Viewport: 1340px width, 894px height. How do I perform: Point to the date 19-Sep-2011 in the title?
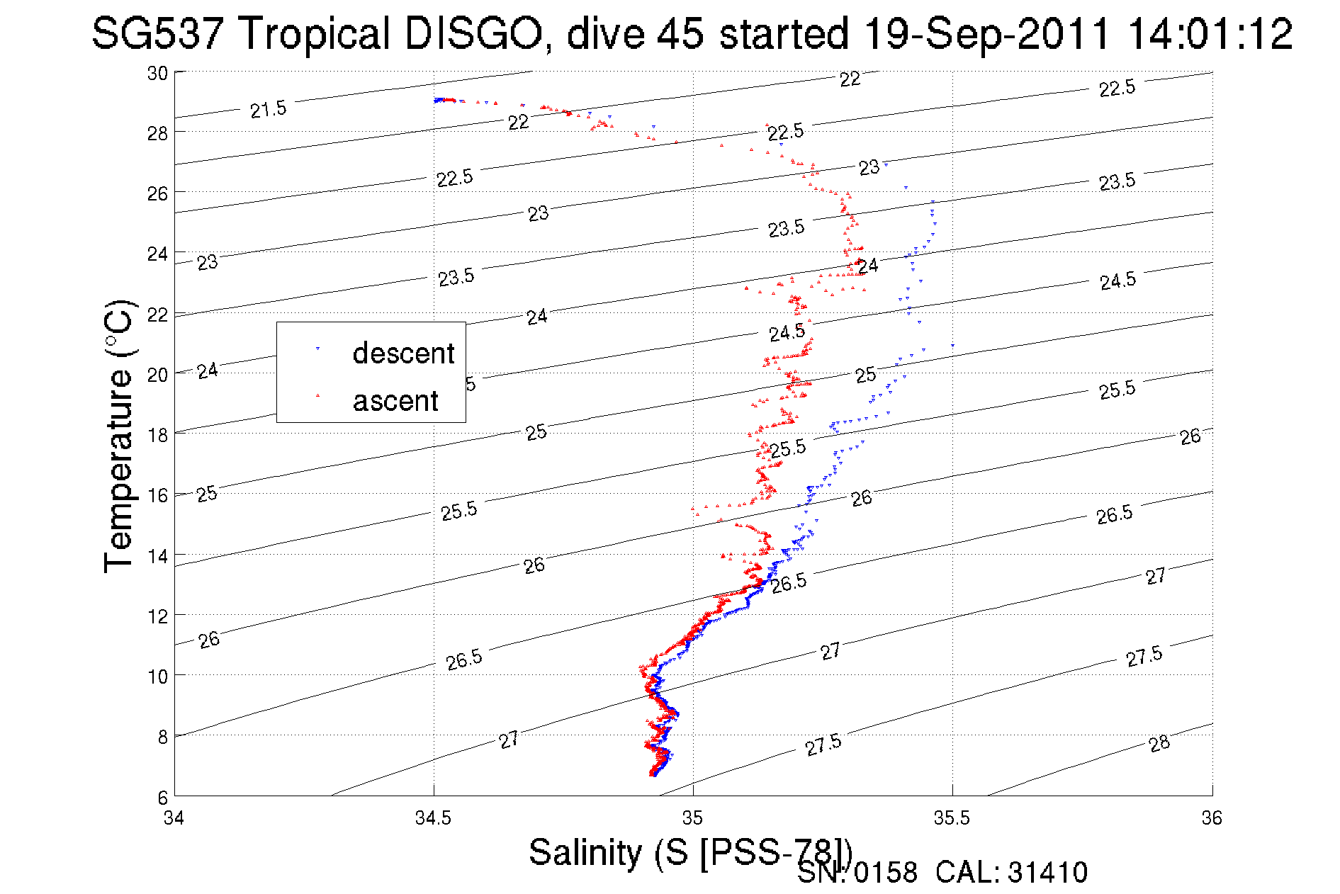(987, 33)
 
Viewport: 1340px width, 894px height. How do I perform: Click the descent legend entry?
(402, 353)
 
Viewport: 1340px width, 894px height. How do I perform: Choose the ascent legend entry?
(395, 401)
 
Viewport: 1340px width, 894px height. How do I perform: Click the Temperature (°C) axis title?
(118, 436)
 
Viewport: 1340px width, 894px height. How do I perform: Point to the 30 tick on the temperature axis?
(157, 74)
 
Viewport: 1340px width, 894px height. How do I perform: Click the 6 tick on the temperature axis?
(163, 798)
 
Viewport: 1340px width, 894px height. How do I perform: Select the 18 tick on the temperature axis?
(157, 435)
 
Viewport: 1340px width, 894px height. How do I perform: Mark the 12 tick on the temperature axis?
(157, 616)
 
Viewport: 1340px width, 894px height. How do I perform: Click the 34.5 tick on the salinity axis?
(433, 818)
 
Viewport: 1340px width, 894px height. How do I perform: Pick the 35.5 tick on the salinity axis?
(952, 818)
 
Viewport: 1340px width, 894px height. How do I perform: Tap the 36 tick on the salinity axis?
(1212, 818)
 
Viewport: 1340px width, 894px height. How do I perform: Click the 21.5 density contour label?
(268, 109)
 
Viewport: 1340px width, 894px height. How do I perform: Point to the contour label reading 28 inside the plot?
(1159, 744)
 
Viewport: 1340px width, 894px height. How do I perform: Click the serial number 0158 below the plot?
(885, 873)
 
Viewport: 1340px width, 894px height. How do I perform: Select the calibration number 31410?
(1047, 873)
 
